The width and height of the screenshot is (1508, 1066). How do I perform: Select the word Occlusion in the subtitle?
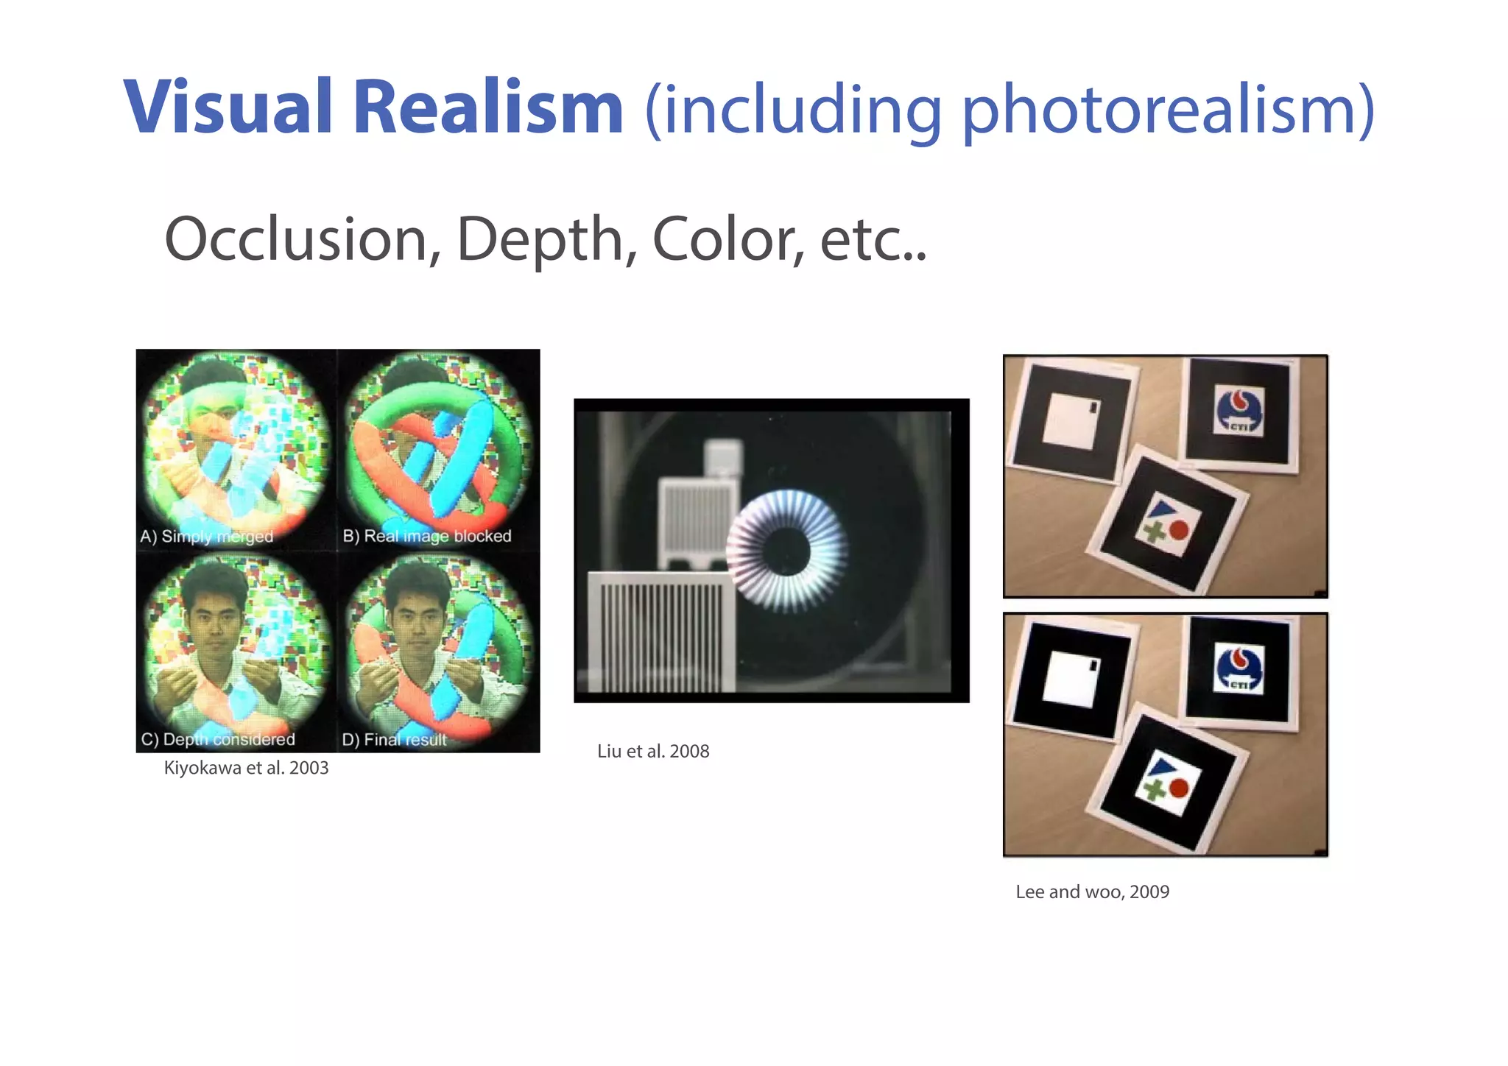(302, 240)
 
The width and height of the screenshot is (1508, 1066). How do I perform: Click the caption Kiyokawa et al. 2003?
(246, 768)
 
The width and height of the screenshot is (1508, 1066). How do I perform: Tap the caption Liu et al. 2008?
(653, 751)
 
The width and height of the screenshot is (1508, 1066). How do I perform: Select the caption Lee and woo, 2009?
(1092, 892)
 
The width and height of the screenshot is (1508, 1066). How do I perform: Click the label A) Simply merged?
(207, 536)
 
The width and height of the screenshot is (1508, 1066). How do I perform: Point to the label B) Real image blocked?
(427, 536)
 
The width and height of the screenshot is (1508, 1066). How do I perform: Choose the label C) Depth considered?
(218, 739)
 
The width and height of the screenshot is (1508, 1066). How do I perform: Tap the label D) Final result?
(395, 739)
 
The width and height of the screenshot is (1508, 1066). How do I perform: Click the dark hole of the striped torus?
(786, 551)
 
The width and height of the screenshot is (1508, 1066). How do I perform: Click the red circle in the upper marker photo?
(1179, 530)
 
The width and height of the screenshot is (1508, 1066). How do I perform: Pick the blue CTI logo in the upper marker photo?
(1239, 411)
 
